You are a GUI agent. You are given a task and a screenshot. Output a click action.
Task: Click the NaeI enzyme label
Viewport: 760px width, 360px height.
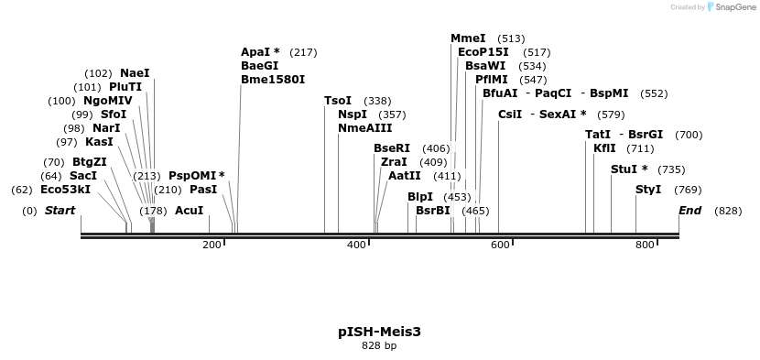pos(135,73)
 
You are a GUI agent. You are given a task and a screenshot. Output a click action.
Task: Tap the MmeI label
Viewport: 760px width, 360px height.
pos(468,38)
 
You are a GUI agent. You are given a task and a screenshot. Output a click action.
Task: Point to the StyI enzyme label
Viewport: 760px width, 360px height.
pos(648,190)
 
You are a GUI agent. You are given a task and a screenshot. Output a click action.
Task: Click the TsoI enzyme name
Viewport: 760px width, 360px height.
pos(338,101)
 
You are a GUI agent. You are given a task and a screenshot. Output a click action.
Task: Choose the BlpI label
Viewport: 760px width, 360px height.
pos(420,197)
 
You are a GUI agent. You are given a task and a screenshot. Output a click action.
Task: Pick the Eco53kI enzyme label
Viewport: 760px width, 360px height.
pos(66,190)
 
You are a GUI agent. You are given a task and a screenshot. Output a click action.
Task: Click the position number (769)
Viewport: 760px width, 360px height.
pos(688,190)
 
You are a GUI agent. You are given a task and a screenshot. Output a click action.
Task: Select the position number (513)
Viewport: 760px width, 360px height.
pos(512,38)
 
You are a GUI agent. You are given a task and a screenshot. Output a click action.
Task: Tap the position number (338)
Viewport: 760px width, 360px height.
pos(377,101)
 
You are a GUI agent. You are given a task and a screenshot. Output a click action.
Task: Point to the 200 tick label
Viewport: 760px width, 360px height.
pos(212,245)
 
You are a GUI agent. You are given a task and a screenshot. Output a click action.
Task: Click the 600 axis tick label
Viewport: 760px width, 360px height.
pos(500,245)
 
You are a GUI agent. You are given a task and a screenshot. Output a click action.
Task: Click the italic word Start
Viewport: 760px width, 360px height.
pos(60,211)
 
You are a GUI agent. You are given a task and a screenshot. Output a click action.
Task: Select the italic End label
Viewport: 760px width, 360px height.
pos(689,211)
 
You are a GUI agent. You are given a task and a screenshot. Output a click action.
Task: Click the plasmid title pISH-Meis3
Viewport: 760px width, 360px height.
pos(379,331)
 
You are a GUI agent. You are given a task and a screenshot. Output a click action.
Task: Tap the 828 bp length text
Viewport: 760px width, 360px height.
pos(379,346)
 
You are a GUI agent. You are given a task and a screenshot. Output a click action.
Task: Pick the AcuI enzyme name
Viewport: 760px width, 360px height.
pos(189,211)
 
